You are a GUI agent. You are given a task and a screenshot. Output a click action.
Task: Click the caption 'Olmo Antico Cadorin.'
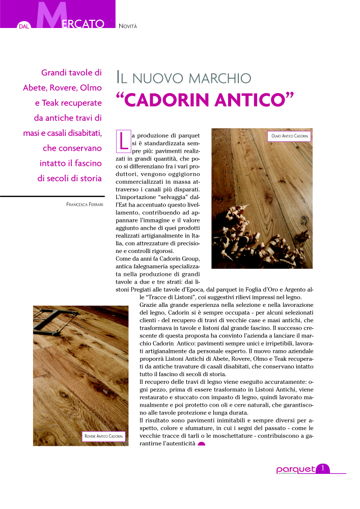289,136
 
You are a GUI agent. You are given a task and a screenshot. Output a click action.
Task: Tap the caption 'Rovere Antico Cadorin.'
104,437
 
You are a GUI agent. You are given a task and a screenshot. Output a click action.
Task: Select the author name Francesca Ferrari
85,205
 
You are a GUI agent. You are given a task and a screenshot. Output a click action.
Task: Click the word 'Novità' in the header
127,25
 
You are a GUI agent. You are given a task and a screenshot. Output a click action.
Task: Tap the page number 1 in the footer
323,468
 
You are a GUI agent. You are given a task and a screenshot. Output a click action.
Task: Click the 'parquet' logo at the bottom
295,470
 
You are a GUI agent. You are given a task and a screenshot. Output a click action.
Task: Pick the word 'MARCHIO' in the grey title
220,78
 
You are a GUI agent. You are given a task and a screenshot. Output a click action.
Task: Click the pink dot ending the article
201,445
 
